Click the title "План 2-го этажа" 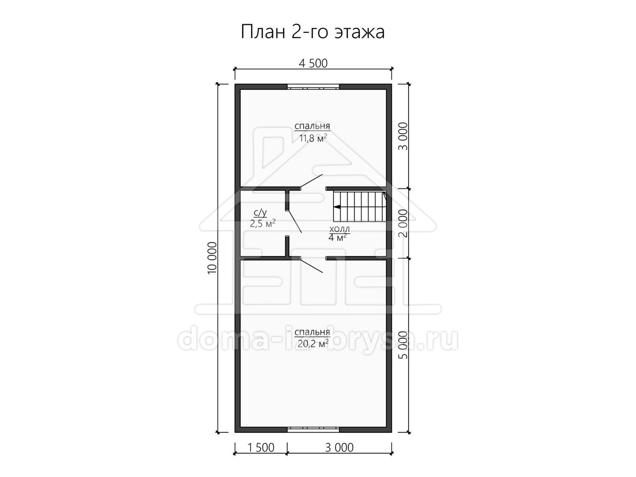(313, 32)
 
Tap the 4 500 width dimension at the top (313, 64)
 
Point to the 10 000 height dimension (213, 258)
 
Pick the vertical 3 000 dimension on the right (403, 136)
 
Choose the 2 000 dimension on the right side (403, 223)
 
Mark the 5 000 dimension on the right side (403, 345)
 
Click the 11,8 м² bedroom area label (313, 138)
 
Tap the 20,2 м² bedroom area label (313, 343)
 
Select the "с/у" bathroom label (260, 213)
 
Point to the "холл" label (340, 229)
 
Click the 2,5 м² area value (262, 224)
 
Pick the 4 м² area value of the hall (338, 238)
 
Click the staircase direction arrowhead (337, 207)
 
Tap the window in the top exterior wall (313, 86)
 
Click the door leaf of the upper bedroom (311, 181)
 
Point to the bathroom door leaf (294, 221)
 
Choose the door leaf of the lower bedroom (311, 266)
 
